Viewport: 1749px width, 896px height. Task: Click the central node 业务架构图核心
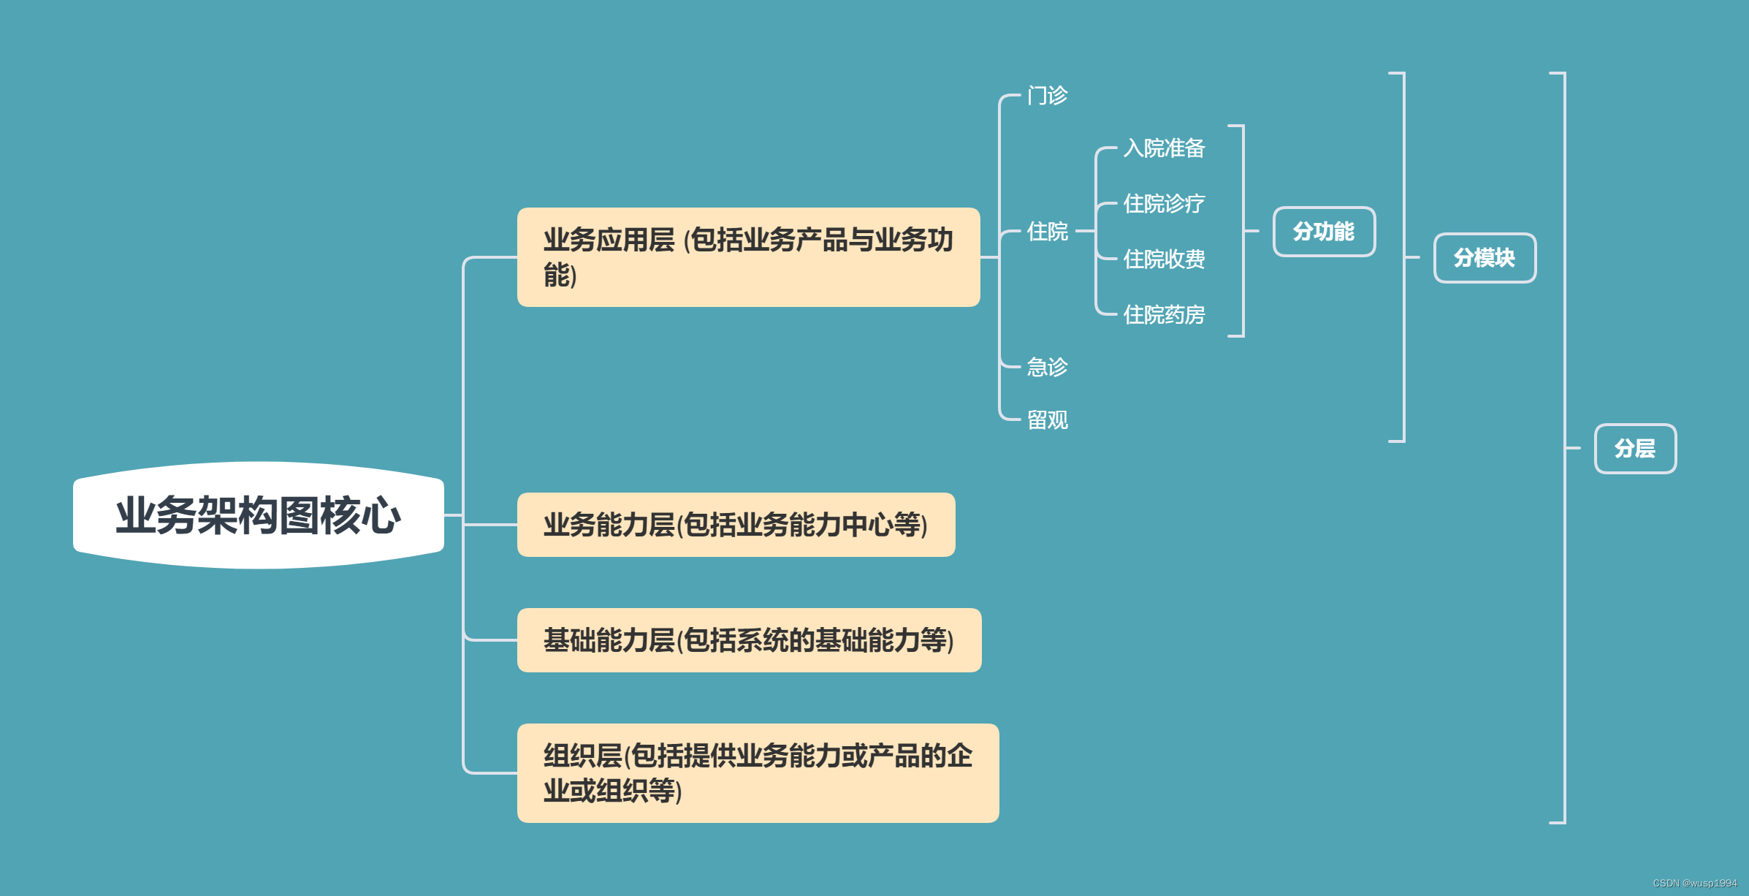click(258, 515)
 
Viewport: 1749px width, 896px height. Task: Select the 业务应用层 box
click(748, 257)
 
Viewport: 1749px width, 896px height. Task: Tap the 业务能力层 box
click(736, 525)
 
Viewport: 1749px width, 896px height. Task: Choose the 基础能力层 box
click(749, 640)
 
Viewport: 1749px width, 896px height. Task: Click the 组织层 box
click(758, 773)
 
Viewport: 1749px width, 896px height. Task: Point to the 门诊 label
click(1047, 96)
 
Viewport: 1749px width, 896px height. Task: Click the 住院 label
click(1047, 232)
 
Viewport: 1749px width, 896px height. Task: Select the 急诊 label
click(1047, 367)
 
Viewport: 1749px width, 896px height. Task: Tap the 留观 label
click(1047, 420)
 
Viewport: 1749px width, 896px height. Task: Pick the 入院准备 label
click(1164, 148)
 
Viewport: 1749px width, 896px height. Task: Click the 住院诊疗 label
click(1164, 204)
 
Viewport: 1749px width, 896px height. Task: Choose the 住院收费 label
click(1164, 259)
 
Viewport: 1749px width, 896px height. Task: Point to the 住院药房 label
click(1164, 315)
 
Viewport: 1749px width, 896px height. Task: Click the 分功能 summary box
click(1324, 232)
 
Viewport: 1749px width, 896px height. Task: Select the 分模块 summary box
click(1485, 258)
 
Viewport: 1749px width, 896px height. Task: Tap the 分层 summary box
click(1635, 449)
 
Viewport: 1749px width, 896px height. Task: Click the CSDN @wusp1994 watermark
click(1694, 884)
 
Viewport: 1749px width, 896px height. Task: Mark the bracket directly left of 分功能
click(1242, 231)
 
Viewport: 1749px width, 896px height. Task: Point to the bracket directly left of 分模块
click(1403, 257)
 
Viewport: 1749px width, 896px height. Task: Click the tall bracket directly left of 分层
click(1563, 447)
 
